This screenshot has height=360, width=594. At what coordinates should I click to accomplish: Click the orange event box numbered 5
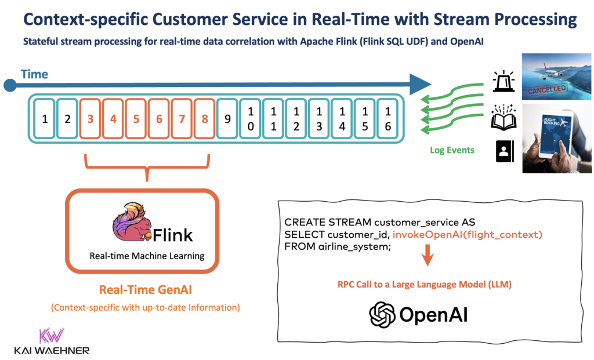point(136,119)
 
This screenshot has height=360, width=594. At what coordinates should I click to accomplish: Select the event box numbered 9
point(227,119)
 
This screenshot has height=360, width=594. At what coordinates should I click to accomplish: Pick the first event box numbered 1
point(45,119)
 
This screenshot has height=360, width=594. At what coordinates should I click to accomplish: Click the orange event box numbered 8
point(205,119)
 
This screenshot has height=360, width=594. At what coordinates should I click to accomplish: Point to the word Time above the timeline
point(34,74)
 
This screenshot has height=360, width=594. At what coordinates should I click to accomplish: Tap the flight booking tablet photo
point(556,139)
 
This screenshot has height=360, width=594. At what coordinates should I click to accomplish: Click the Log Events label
point(452,150)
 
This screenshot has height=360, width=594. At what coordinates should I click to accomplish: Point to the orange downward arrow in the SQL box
point(427,256)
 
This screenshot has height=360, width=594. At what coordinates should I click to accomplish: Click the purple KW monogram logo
point(50,336)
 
